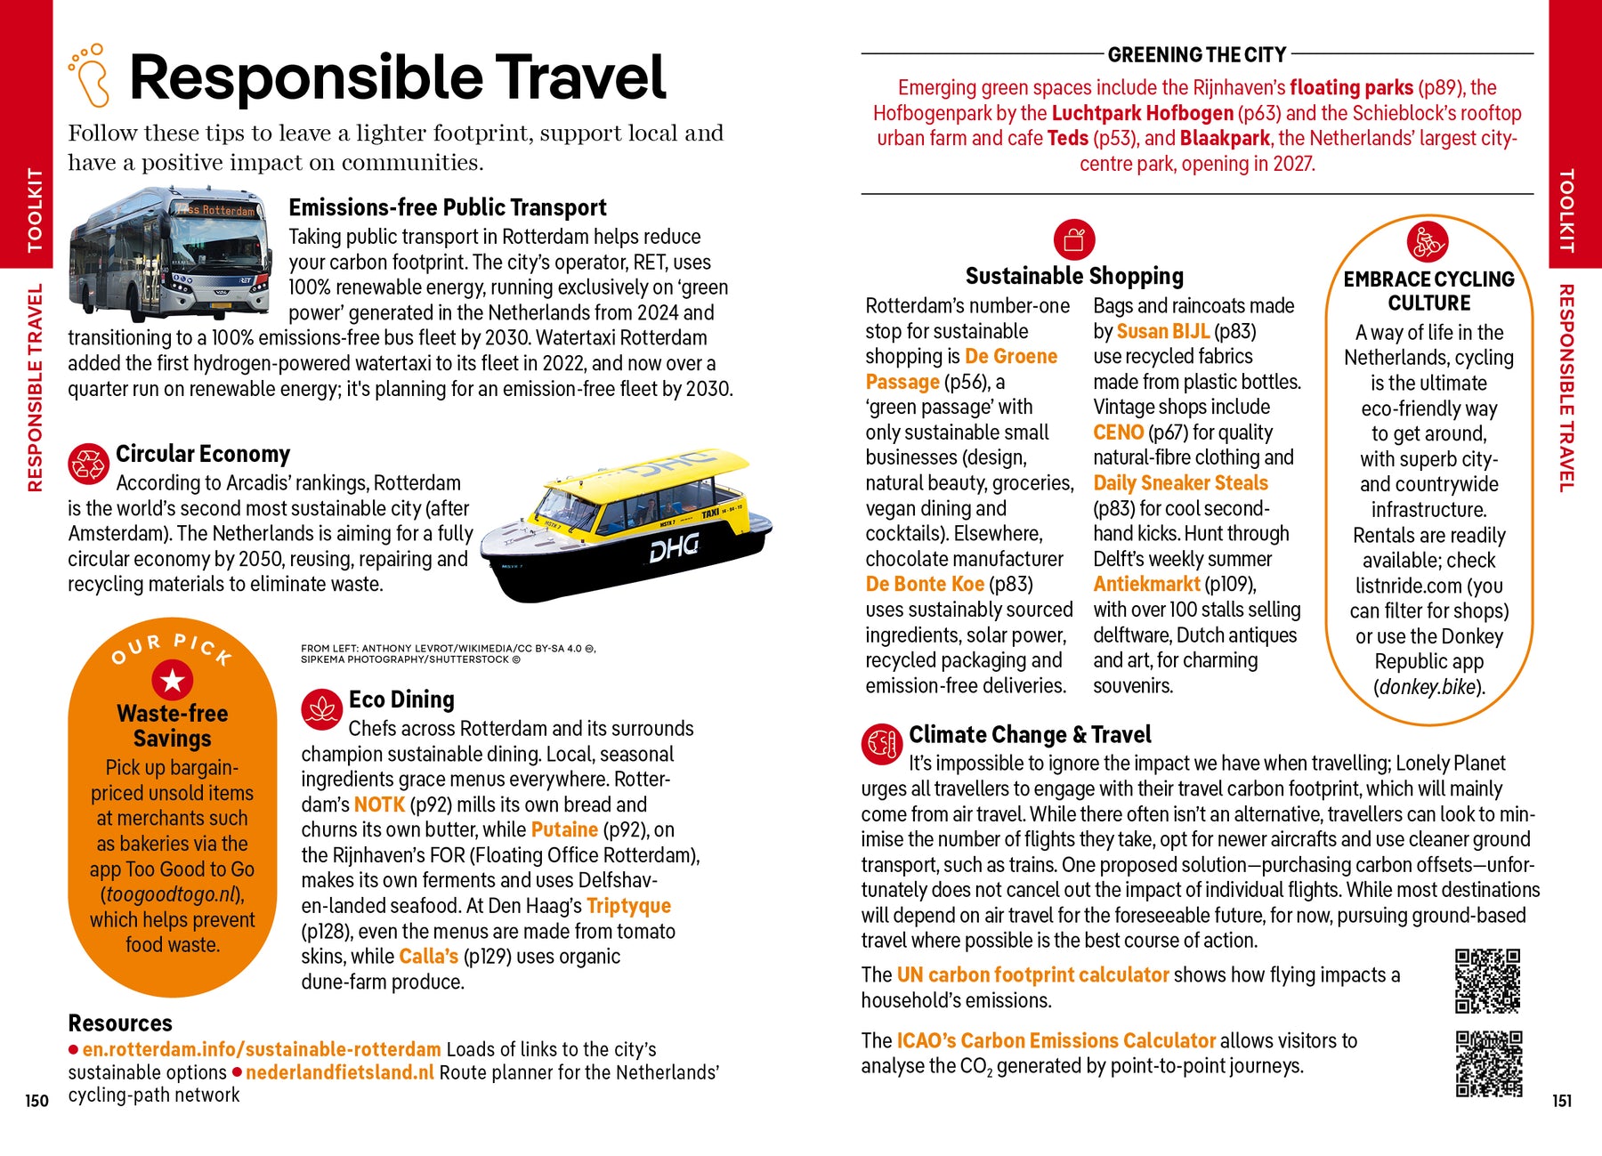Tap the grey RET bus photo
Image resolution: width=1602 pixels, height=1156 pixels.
[x=169, y=254]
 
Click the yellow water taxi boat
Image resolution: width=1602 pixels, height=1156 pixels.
[x=627, y=525]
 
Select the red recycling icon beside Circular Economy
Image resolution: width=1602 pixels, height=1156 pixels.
[x=88, y=464]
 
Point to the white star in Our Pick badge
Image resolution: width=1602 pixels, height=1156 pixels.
[x=173, y=681]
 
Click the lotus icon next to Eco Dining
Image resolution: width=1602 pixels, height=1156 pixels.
[x=321, y=709]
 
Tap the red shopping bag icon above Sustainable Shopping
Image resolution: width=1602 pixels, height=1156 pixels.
[x=1074, y=239]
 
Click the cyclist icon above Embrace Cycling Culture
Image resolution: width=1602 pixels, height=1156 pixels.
[x=1428, y=241]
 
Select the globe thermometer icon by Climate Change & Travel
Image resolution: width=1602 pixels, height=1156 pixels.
[x=881, y=743]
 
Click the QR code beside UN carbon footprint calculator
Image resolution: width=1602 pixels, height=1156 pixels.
[x=1487, y=981]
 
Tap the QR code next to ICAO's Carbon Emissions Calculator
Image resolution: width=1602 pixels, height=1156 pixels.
[x=1488, y=1063]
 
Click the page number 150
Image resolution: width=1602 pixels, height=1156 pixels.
[x=36, y=1101]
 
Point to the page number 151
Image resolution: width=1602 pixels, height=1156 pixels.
[x=1562, y=1101]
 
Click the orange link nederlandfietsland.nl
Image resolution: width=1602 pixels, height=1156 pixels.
[x=340, y=1072]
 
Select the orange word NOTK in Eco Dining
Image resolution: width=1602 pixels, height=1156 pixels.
[x=379, y=804]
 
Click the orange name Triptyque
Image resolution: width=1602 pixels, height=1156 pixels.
[x=628, y=906]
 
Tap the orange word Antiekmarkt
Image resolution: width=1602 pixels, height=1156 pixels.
[x=1146, y=584]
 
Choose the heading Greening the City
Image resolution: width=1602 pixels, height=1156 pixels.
[x=1197, y=55]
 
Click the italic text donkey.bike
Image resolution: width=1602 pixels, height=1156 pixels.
[x=1428, y=687]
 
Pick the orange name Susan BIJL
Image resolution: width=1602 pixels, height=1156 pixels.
[x=1162, y=331]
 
